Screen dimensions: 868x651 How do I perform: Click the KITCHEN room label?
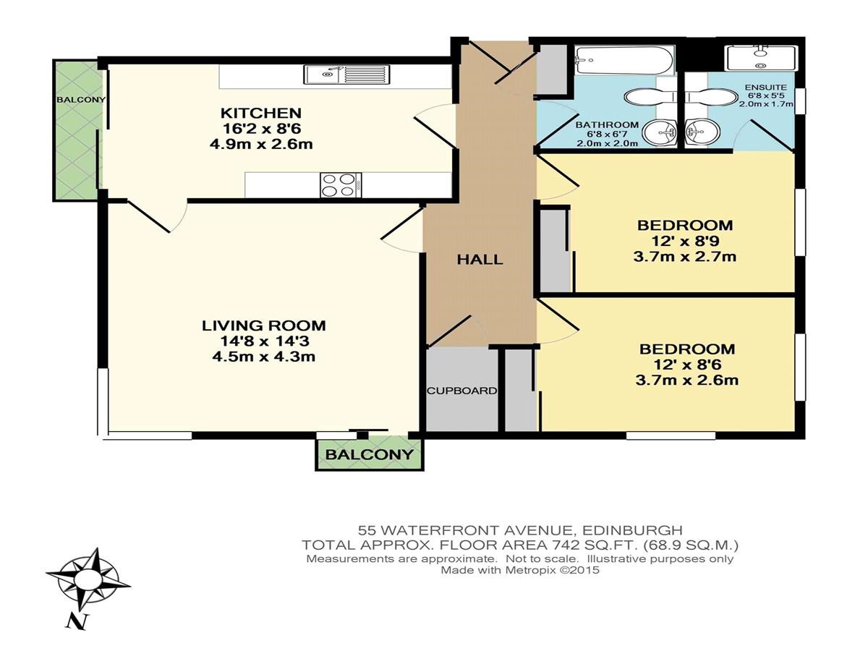point(261,113)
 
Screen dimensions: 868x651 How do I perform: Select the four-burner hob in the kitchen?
point(341,185)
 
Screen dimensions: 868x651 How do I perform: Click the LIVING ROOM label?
point(264,325)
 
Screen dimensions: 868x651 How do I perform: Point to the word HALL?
point(480,260)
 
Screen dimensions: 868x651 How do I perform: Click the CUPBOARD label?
point(461,391)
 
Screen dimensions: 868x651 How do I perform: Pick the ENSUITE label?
point(765,88)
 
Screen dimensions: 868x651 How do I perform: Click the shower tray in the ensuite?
point(759,59)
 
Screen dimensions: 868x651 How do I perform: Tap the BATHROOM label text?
point(607,125)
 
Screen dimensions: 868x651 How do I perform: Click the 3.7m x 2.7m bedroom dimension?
point(684,257)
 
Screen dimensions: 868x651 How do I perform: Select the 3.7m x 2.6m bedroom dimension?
point(687,380)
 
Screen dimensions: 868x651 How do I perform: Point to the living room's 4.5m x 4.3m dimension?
point(263,357)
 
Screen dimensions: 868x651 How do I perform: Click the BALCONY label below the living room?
point(369,454)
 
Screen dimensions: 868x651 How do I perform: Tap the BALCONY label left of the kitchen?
point(81,100)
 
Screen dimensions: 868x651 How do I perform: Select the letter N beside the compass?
point(77,622)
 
